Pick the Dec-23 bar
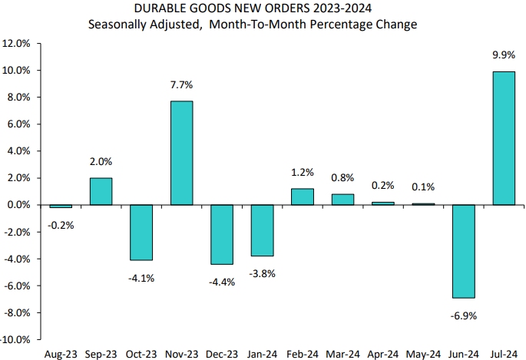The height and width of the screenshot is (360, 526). point(222,234)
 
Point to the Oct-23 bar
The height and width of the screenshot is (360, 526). point(141,233)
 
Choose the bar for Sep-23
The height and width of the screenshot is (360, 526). point(101,191)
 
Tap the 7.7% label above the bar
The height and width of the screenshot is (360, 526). point(181,84)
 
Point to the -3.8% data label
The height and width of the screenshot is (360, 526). point(262,273)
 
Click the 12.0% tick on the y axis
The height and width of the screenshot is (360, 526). point(18,44)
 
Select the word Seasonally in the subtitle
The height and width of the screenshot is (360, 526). point(117,25)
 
